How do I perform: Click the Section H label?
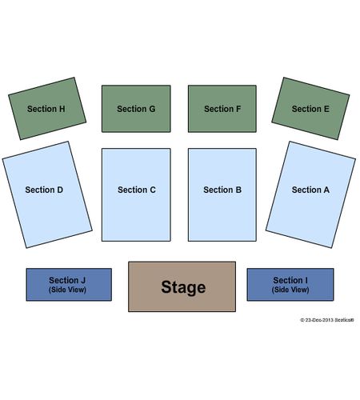point(46,109)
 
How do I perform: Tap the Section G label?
point(136,109)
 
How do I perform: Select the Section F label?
point(222,109)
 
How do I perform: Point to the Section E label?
point(310,109)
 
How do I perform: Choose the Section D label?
point(44,190)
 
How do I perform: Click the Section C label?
point(137,190)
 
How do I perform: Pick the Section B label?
point(222,190)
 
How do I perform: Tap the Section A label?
point(310,190)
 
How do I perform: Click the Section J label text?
point(67,280)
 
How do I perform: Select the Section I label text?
point(290,280)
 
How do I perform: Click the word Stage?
point(183,287)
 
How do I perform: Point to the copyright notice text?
point(327,320)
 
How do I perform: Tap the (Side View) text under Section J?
point(67,290)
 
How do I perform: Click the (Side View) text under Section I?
point(290,290)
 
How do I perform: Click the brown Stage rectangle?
point(182,286)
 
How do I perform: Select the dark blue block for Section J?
point(69,285)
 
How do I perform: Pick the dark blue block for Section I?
point(290,285)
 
